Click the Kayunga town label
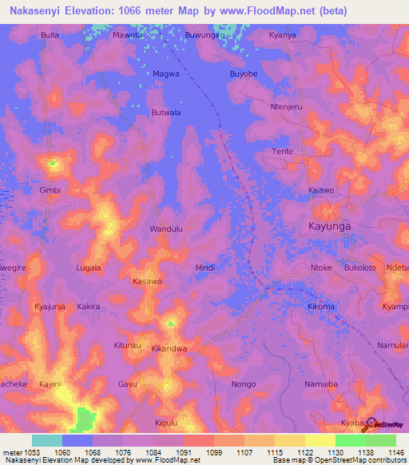[x=329, y=226]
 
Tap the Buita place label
[x=50, y=35]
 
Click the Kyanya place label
[x=282, y=35]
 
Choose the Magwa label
[x=166, y=74]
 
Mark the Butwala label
[x=166, y=113]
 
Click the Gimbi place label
[x=50, y=191]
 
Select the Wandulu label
[x=166, y=229]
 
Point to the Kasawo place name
[x=147, y=282]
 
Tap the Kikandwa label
[x=169, y=349]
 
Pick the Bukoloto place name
[x=360, y=268]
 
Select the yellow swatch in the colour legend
[x=320, y=440]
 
